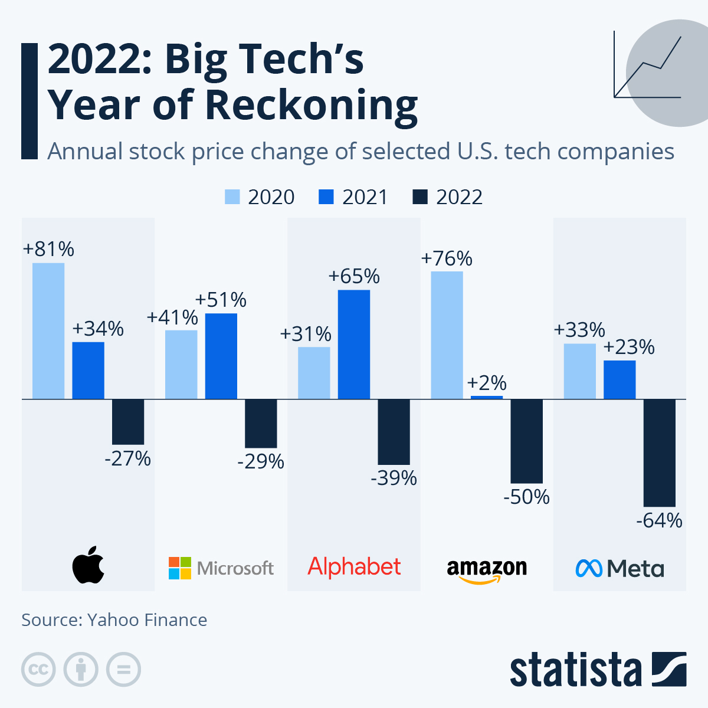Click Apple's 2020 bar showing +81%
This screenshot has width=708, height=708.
(x=48, y=330)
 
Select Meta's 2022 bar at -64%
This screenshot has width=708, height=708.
(x=659, y=453)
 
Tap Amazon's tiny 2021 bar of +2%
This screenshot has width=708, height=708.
(x=487, y=397)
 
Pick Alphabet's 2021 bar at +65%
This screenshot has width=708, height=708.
(x=354, y=344)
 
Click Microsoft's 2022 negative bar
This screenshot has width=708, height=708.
(x=261, y=423)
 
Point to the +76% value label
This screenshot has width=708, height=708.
(x=447, y=258)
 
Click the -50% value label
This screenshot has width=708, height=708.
(x=526, y=497)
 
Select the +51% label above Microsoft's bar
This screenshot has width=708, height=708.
(x=221, y=300)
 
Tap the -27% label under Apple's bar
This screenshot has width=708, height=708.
(x=128, y=458)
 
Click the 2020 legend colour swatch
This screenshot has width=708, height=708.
(x=232, y=197)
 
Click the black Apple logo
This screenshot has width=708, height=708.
(x=88, y=565)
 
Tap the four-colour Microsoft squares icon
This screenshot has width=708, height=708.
(x=180, y=568)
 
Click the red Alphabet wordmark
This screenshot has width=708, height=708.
(x=354, y=566)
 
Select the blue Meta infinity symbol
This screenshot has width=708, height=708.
(x=588, y=568)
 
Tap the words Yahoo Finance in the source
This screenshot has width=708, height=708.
(x=147, y=620)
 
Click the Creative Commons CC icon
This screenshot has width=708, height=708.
(x=38, y=670)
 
